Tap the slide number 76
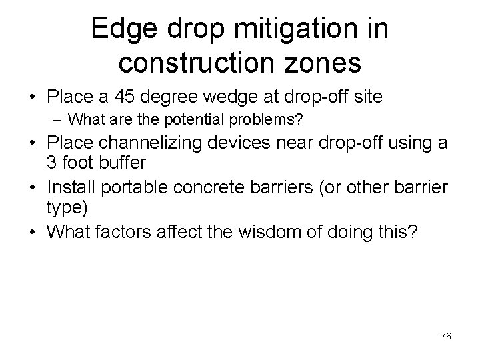[x=446, y=337]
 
